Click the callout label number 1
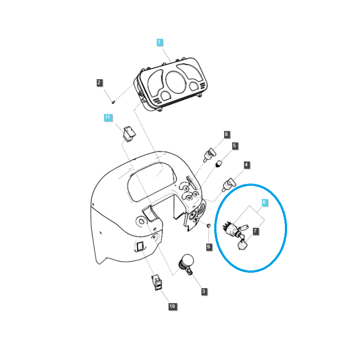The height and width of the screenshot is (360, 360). pos(160,42)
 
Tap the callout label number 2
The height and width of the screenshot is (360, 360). pos(99,83)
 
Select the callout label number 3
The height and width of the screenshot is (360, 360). pos(204,291)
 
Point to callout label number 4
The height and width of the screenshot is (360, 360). pos(246,165)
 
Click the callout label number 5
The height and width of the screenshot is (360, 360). pos(234,145)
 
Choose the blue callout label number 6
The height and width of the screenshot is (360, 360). pos(264,202)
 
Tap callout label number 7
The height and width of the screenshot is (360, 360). pos(255,231)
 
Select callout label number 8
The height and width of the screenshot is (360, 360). pos(226,134)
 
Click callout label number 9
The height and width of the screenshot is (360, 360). pos(209,247)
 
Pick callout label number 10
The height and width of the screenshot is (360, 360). pos(172,306)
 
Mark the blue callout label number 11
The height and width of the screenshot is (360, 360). pos(108,117)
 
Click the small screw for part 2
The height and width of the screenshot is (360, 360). pos(113,102)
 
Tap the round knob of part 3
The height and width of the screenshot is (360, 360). pos(188,261)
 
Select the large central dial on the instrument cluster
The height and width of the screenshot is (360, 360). pos(175,82)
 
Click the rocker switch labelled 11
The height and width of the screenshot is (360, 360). pos(129,134)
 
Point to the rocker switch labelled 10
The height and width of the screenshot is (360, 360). pos(157,283)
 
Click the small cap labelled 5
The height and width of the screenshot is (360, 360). pos(219,164)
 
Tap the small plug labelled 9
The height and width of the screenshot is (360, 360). pos(208,226)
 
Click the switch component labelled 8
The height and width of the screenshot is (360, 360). pos(210,155)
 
